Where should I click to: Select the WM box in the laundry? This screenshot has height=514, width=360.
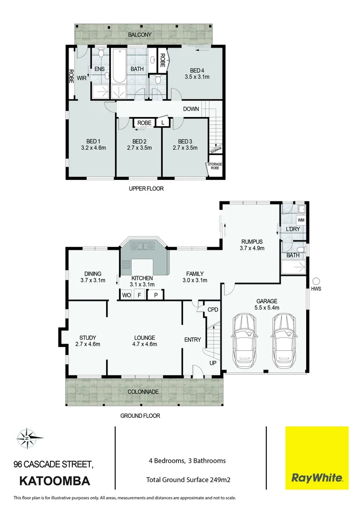(x=300, y=221)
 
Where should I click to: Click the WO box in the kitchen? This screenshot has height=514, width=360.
(x=126, y=295)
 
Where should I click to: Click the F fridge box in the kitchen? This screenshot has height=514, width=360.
(x=140, y=295)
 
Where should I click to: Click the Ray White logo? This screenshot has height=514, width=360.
(x=316, y=458)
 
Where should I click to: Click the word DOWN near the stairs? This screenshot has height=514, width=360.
(x=191, y=109)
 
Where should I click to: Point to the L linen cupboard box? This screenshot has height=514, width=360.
(x=163, y=123)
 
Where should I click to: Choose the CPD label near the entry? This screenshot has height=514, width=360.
(x=213, y=309)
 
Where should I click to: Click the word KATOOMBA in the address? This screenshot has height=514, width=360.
(x=54, y=481)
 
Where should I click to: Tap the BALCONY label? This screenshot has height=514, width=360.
(x=139, y=35)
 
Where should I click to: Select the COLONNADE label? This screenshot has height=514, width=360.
(x=143, y=391)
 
